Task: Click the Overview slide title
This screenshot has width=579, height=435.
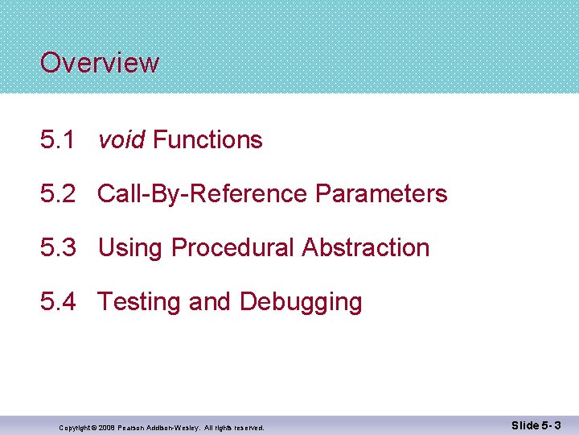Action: [100, 63]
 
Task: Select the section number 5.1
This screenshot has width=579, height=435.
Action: [58, 140]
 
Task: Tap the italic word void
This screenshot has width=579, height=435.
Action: [121, 140]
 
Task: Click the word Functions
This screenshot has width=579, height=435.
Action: [207, 140]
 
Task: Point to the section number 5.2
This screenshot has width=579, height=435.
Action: [58, 194]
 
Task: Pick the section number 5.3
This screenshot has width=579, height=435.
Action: [58, 248]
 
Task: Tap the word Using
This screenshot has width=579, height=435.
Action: [131, 248]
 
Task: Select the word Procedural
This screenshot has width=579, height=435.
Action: [233, 248]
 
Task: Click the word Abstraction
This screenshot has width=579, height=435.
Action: [366, 248]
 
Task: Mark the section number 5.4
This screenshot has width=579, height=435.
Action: [58, 302]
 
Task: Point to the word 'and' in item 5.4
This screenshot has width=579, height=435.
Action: [210, 302]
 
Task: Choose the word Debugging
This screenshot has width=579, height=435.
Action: [301, 302]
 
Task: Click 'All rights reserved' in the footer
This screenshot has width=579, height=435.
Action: [236, 427]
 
